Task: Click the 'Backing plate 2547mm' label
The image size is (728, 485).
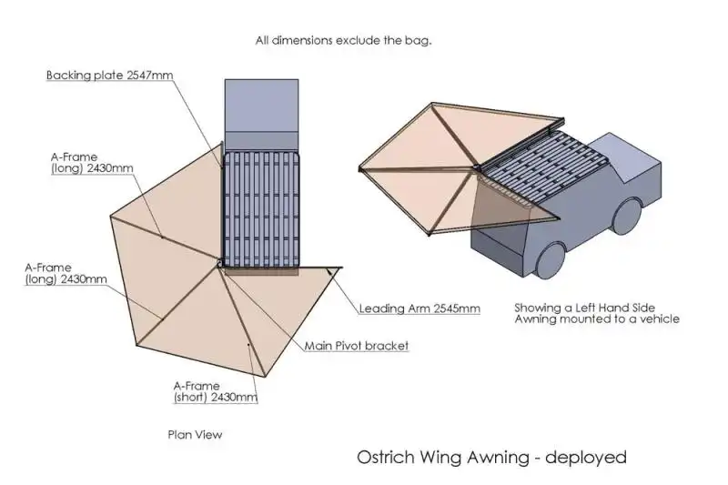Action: [109, 76]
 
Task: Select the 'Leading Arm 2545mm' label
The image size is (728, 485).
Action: [420, 308]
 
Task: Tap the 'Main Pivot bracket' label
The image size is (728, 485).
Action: [357, 346]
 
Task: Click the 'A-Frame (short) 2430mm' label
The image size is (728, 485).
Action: [216, 391]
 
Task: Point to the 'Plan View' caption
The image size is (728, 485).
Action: [195, 435]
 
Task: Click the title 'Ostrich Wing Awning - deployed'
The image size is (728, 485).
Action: [491, 458]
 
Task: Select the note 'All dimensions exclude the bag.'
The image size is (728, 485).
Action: [343, 40]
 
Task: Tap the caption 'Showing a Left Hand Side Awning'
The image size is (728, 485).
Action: [597, 313]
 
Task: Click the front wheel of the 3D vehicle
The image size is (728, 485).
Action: [627, 216]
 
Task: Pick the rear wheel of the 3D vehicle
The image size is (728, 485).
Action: [551, 260]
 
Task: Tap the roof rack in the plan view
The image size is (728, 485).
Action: [261, 210]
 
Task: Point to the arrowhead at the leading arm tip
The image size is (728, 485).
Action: [331, 271]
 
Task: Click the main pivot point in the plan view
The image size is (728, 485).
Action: [218, 263]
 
